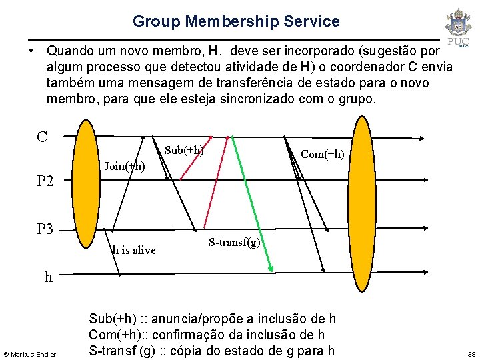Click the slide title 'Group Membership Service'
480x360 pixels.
click(236, 21)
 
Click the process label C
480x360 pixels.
click(42, 137)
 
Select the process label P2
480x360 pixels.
click(45, 181)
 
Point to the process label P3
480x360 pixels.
click(45, 229)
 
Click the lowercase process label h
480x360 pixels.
click(48, 277)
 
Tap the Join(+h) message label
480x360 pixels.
click(125, 166)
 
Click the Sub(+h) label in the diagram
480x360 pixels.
click(183, 149)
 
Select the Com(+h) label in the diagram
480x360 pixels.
click(323, 154)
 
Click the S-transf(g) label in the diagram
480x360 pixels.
click(234, 242)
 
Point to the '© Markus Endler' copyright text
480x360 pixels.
click(31, 353)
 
